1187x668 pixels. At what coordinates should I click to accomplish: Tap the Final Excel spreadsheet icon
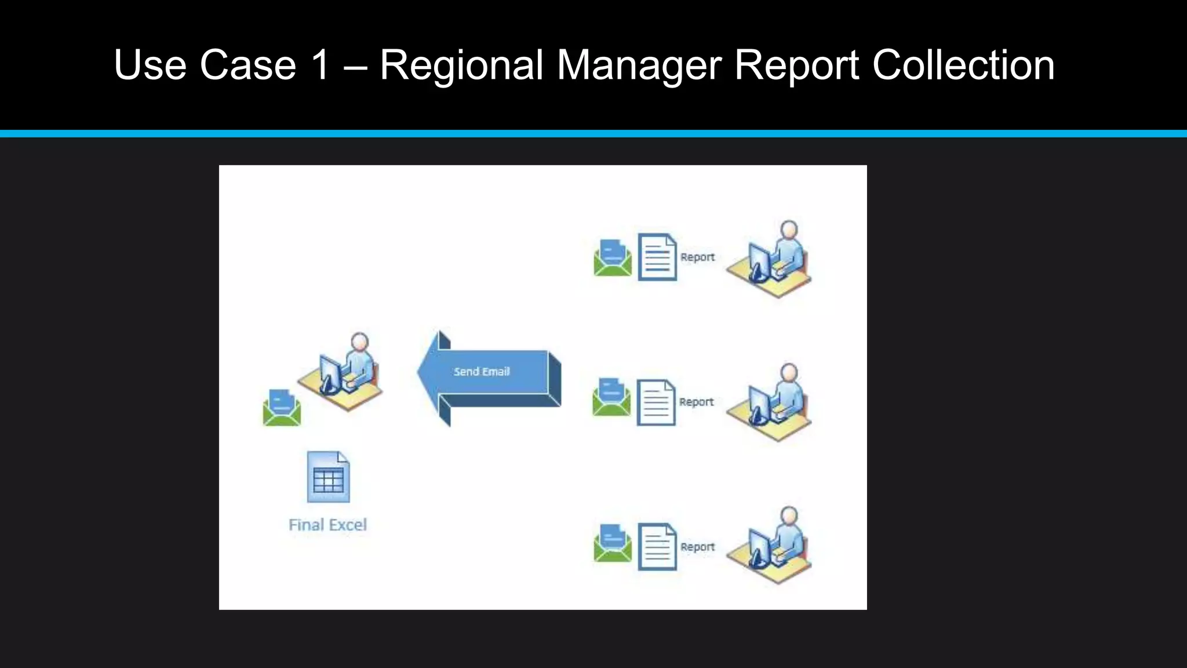click(328, 477)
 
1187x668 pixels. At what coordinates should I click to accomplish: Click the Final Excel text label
click(327, 525)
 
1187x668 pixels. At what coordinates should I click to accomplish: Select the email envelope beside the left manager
click(282, 408)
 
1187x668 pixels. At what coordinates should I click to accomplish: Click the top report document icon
click(657, 257)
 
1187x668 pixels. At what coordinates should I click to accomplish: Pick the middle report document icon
click(656, 402)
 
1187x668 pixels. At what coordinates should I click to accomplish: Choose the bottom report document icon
click(657, 547)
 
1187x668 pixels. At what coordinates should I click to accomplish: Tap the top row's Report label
click(697, 257)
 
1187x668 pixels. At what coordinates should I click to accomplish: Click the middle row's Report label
click(696, 402)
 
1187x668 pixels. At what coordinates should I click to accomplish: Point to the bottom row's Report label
click(697, 547)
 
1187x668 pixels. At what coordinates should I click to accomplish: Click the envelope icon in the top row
click(613, 258)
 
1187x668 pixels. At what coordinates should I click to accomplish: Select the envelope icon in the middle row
click(611, 397)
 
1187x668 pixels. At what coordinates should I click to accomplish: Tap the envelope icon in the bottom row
click(613, 543)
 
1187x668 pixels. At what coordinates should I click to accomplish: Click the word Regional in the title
click(461, 65)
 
